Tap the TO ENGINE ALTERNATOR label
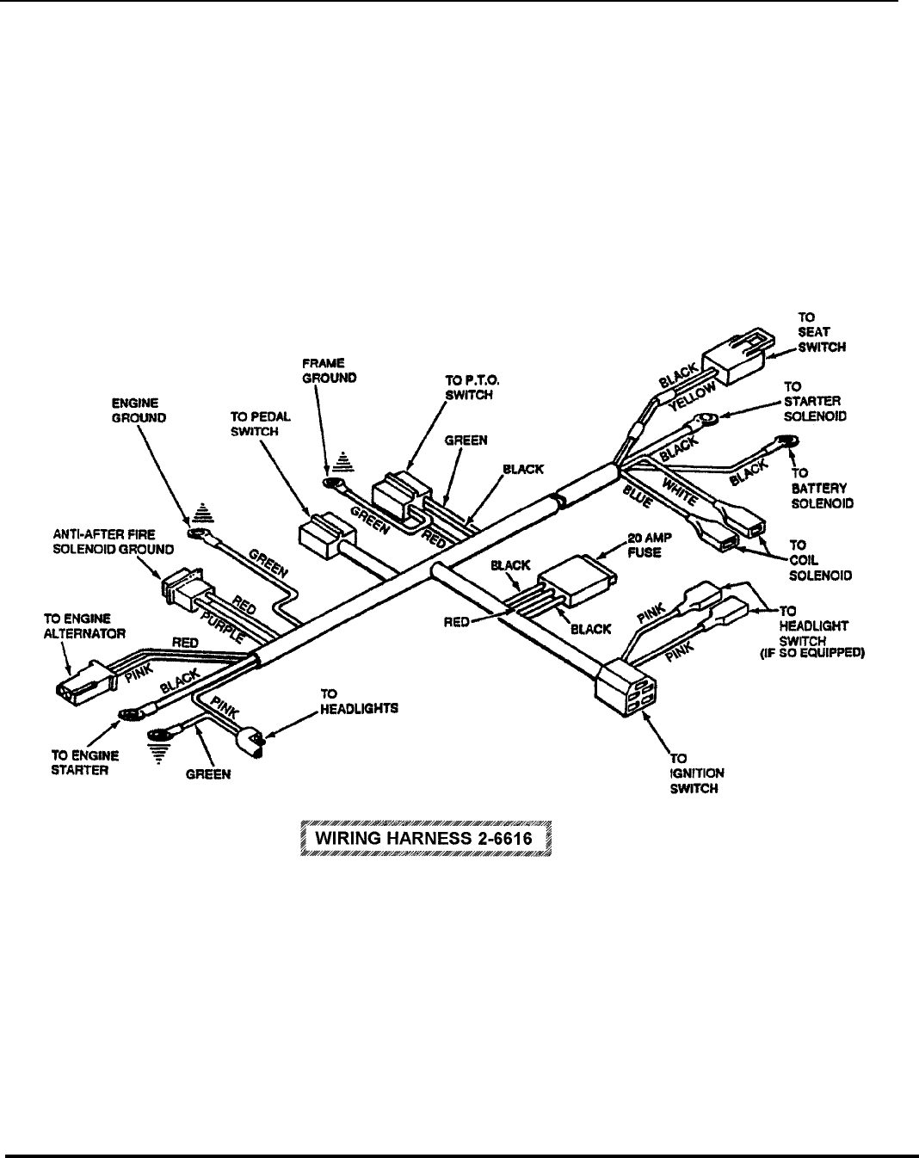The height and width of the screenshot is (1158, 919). pyautogui.click(x=85, y=625)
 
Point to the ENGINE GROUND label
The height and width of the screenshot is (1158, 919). pyautogui.click(x=139, y=410)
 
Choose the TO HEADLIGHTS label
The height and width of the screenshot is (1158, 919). pyautogui.click(x=359, y=700)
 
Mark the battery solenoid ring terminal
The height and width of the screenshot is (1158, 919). pyautogui.click(x=786, y=442)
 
